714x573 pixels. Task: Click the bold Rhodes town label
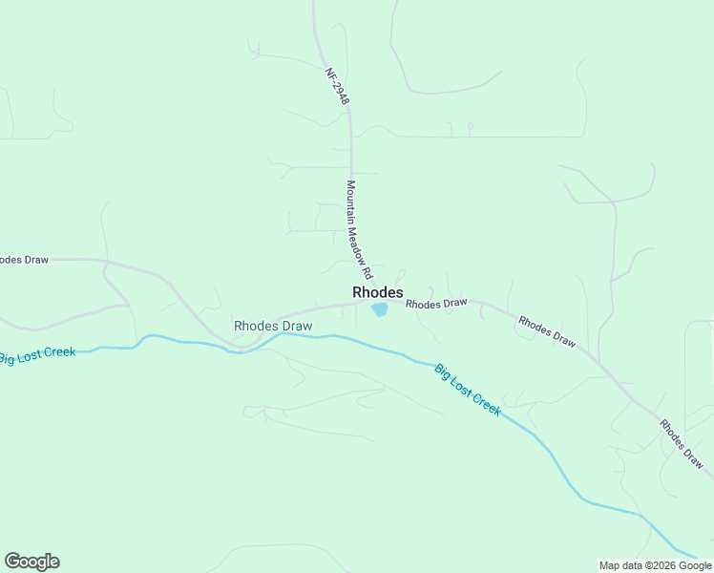(x=377, y=292)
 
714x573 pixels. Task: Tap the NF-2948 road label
(x=337, y=86)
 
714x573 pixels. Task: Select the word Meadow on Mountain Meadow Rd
(x=355, y=234)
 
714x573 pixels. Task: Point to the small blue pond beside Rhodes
(x=380, y=309)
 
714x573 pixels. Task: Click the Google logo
(x=31, y=562)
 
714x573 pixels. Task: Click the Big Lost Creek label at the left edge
(x=36, y=355)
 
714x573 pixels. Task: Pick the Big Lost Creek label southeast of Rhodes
(x=467, y=389)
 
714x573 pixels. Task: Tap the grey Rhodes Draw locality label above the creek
(x=273, y=326)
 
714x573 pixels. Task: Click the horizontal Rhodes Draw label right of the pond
(x=436, y=304)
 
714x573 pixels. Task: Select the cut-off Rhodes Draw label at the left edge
(x=23, y=259)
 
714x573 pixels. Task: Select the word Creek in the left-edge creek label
(x=57, y=351)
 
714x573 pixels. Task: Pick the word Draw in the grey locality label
(x=296, y=326)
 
